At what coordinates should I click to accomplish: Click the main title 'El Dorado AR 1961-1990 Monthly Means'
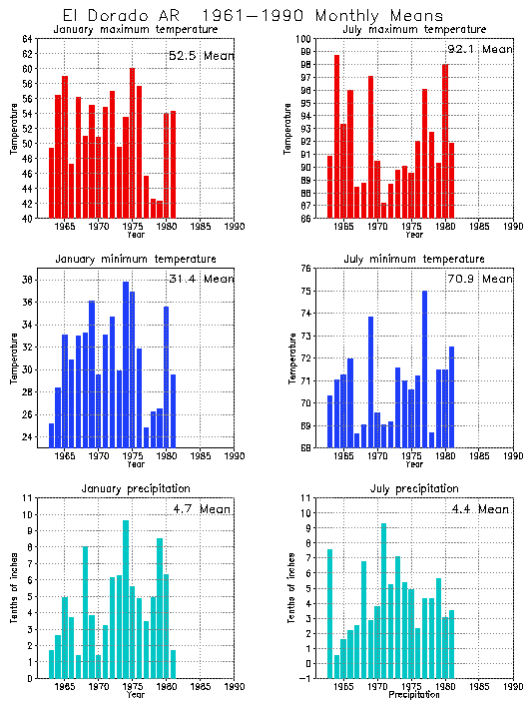click(x=254, y=16)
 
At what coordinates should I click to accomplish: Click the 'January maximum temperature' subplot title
click(x=135, y=30)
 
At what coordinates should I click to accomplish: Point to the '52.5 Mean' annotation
click(x=200, y=55)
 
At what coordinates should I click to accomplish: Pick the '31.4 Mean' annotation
click(x=200, y=279)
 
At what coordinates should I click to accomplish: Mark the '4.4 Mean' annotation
click(x=479, y=508)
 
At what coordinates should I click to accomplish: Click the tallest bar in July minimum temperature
click(x=424, y=369)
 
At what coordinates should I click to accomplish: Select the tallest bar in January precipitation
click(x=126, y=599)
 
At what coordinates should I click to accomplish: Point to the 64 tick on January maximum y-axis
click(x=29, y=39)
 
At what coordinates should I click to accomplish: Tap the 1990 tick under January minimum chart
click(x=235, y=456)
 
